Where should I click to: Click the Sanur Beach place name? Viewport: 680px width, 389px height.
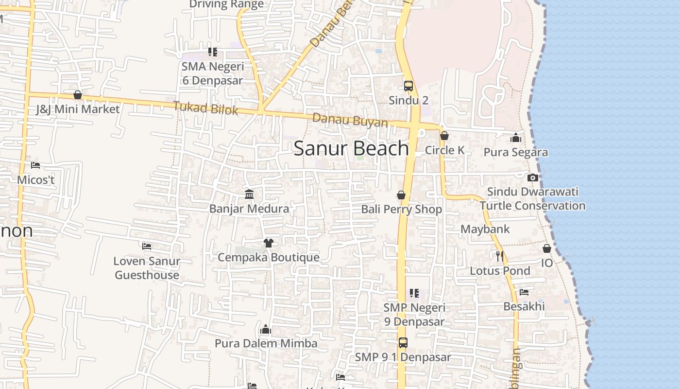point(351,148)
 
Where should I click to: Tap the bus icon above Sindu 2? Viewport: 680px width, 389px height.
point(408,86)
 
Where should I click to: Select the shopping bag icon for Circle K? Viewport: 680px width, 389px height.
point(444,136)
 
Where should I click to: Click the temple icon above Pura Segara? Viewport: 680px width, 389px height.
point(516,138)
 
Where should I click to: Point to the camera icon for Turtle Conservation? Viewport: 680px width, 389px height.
point(533,177)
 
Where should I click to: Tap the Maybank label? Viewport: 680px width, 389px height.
point(485,229)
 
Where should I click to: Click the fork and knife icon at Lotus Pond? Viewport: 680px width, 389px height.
point(500,256)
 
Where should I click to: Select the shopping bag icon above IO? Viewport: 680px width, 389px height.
point(547,248)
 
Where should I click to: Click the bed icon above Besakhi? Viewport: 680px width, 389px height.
point(524,292)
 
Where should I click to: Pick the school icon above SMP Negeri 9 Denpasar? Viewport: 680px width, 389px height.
point(414,293)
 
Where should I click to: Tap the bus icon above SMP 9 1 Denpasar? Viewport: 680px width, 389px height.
point(403,342)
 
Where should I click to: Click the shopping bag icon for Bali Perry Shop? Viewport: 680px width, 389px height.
point(401,195)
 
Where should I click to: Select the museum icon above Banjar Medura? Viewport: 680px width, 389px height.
point(249,194)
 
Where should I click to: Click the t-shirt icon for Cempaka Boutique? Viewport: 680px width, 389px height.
point(268,243)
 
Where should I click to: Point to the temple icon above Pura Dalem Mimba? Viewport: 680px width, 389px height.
point(265,330)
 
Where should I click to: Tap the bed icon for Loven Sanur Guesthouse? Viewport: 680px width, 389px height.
point(147,247)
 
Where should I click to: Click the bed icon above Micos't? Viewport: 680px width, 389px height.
point(35,165)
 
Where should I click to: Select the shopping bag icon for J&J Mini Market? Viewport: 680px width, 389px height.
point(78,95)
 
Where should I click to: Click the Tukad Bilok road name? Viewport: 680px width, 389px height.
point(205,108)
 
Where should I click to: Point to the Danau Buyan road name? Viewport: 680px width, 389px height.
point(350,120)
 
